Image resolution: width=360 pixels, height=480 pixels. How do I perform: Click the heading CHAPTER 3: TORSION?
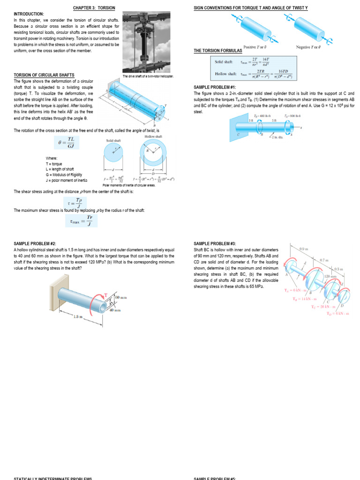tap(94, 8)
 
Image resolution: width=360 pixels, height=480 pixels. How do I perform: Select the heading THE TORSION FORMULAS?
tap(218, 51)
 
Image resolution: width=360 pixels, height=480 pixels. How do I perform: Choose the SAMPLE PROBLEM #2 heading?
tap(35, 244)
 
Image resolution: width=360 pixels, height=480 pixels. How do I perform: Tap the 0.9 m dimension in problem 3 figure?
tap(304, 248)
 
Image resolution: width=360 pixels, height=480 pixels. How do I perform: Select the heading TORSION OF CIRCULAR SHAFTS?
tap(44, 75)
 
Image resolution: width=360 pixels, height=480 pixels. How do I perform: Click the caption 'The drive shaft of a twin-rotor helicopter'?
tap(148, 76)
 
